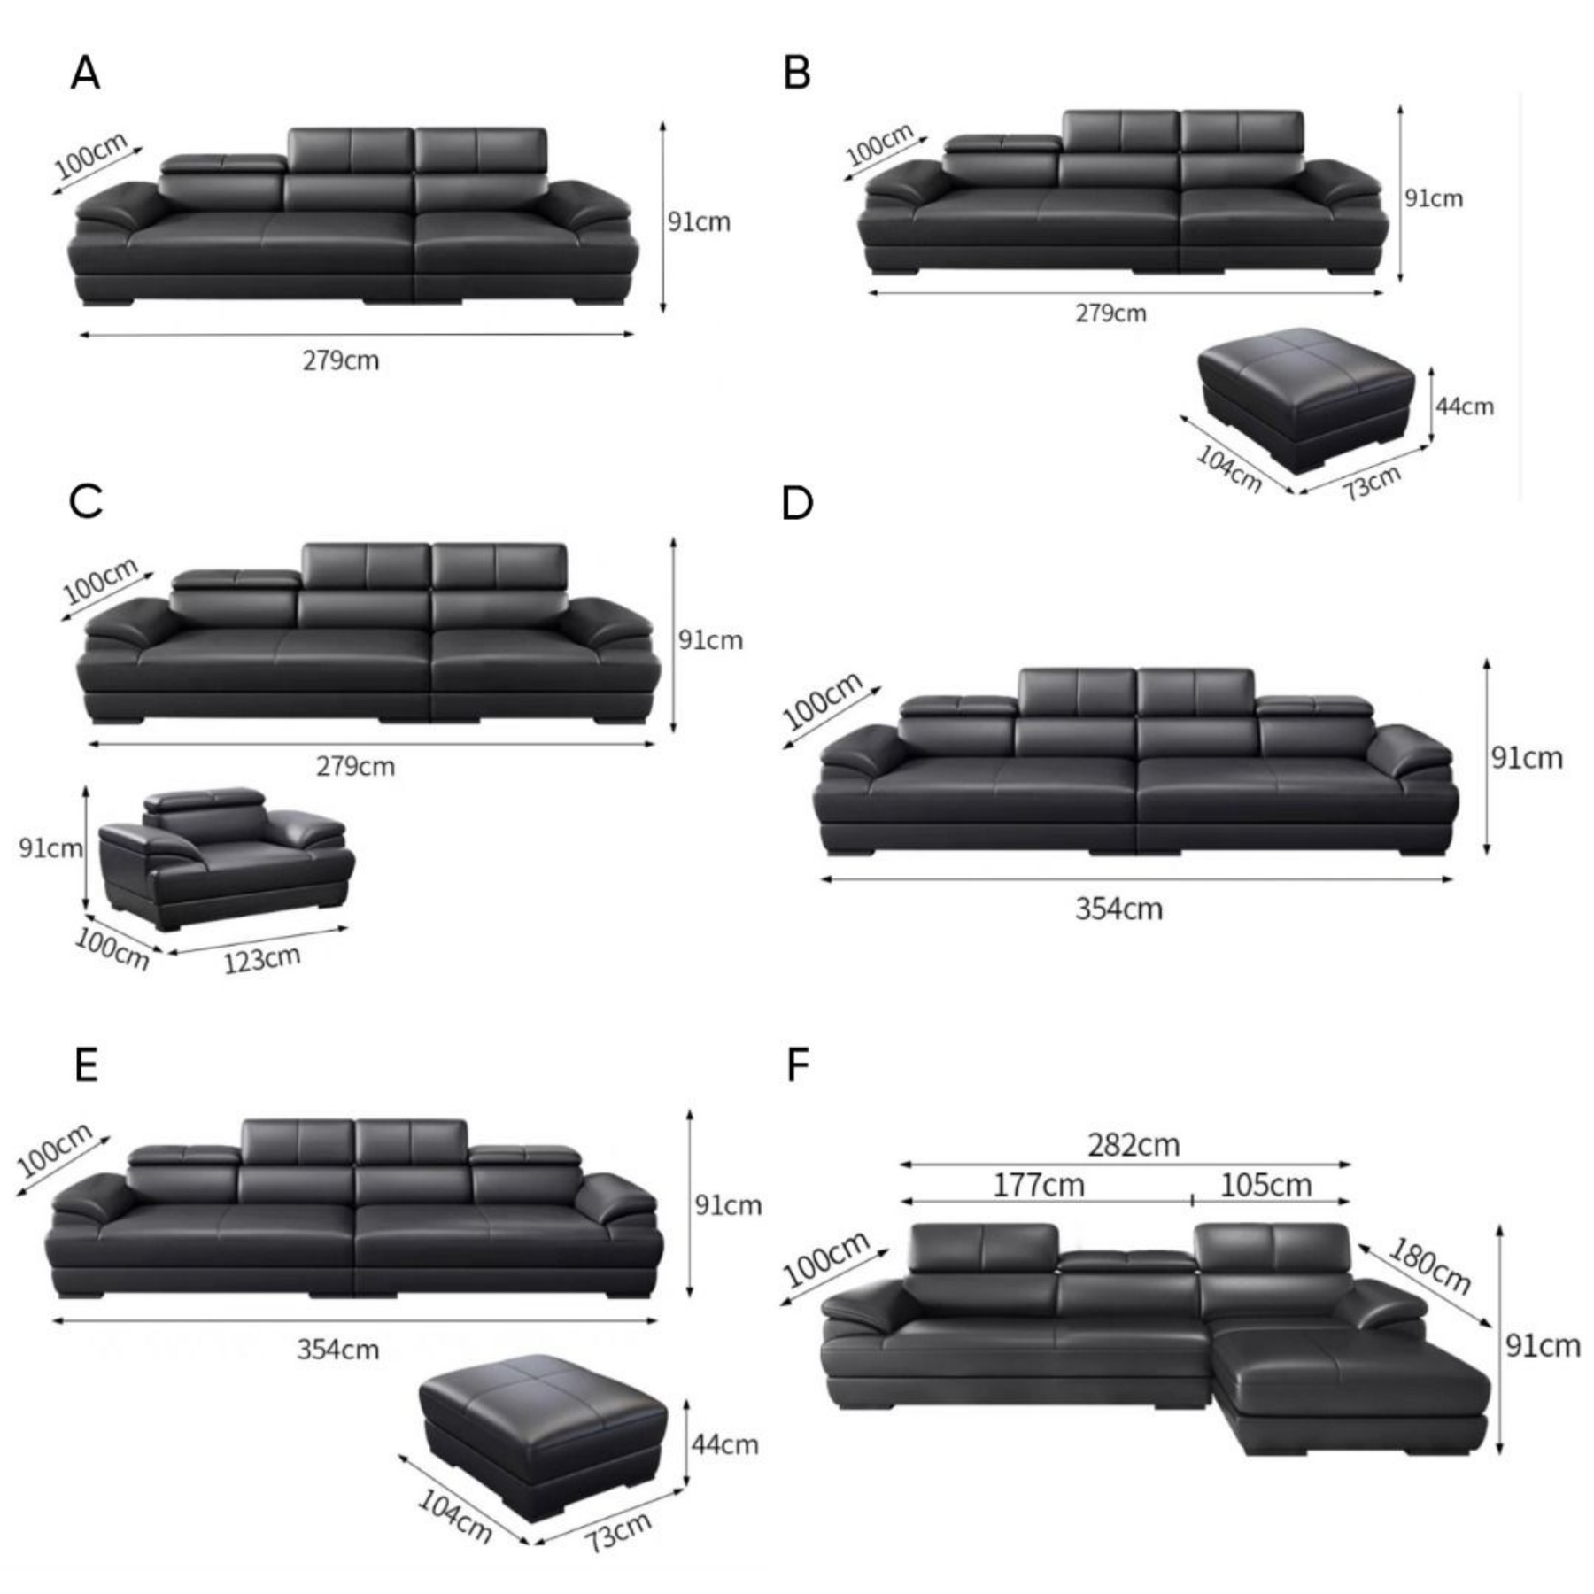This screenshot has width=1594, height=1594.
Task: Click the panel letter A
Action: click(x=85, y=73)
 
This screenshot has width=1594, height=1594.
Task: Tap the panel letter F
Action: click(x=798, y=1065)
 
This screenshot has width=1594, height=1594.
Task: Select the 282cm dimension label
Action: click(x=1134, y=1145)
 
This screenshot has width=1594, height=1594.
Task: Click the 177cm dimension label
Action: click(x=1038, y=1185)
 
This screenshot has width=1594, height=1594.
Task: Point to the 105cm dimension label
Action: click(x=1265, y=1185)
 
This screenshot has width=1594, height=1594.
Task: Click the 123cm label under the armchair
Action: click(x=262, y=959)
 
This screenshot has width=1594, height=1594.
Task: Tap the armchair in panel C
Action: click(x=226, y=857)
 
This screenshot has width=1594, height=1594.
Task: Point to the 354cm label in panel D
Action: click(x=1118, y=909)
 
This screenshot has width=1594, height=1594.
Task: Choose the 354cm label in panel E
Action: click(x=337, y=1350)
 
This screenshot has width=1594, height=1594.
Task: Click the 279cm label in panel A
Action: click(x=341, y=360)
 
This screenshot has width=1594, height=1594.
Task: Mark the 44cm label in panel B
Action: click(x=1465, y=406)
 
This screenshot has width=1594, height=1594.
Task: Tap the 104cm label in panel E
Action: click(x=454, y=1515)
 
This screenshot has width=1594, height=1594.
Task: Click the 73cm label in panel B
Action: click(x=1372, y=483)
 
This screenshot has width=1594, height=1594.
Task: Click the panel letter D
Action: click(x=797, y=503)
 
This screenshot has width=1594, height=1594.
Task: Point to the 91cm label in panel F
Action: click(x=1544, y=1345)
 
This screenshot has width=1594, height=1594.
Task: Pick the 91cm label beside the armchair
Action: click(x=50, y=847)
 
